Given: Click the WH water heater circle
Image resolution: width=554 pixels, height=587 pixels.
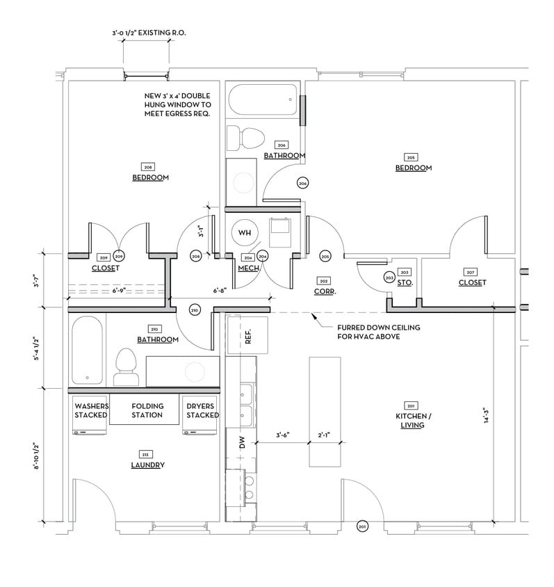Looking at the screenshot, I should coord(244,232).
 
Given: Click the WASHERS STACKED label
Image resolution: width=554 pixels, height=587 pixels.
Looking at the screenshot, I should coord(91,410).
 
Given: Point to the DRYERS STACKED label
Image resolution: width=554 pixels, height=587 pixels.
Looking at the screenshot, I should coord(202,410).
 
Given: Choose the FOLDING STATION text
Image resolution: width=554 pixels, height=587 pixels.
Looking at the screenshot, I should coord(147,410).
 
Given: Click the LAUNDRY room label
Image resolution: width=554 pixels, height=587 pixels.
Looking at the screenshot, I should coord(147,465).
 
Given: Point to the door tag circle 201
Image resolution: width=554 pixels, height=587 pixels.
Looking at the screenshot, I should coord(361,526).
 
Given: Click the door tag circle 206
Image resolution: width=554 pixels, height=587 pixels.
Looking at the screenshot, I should coord(302,183).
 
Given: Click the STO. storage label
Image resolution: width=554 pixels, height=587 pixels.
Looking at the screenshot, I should coord(404,283).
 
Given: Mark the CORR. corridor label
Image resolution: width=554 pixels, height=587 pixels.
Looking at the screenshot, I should coord(325,292).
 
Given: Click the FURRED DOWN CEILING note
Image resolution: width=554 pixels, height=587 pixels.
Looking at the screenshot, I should coord(378,331).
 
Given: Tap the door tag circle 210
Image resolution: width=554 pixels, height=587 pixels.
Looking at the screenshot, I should coord(195,309).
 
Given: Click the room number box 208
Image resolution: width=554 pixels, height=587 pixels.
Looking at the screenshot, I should coord(148,167).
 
